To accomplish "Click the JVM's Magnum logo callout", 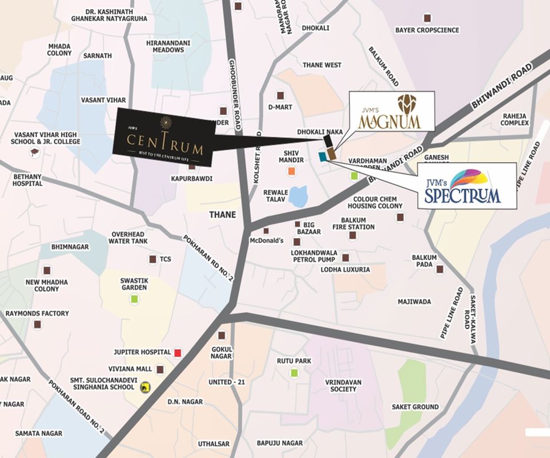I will pos(391,112).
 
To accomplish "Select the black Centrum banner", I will pos(164,135).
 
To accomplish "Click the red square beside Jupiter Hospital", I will pos(178,352).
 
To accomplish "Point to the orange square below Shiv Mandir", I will pos(292,171).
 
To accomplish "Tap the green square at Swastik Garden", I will pos(133,299).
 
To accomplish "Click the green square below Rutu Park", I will pos(294,373).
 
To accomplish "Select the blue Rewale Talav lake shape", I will pos(297,196).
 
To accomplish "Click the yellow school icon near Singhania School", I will pos(146,388).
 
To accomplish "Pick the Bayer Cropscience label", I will pos(427,30).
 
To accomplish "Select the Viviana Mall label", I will pos(131,369).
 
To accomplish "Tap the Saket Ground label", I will pos(415,407).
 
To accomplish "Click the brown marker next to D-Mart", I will pos(280,95).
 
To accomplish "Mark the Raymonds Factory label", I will pos(37,313).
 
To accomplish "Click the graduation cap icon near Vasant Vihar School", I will pos(35,152).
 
